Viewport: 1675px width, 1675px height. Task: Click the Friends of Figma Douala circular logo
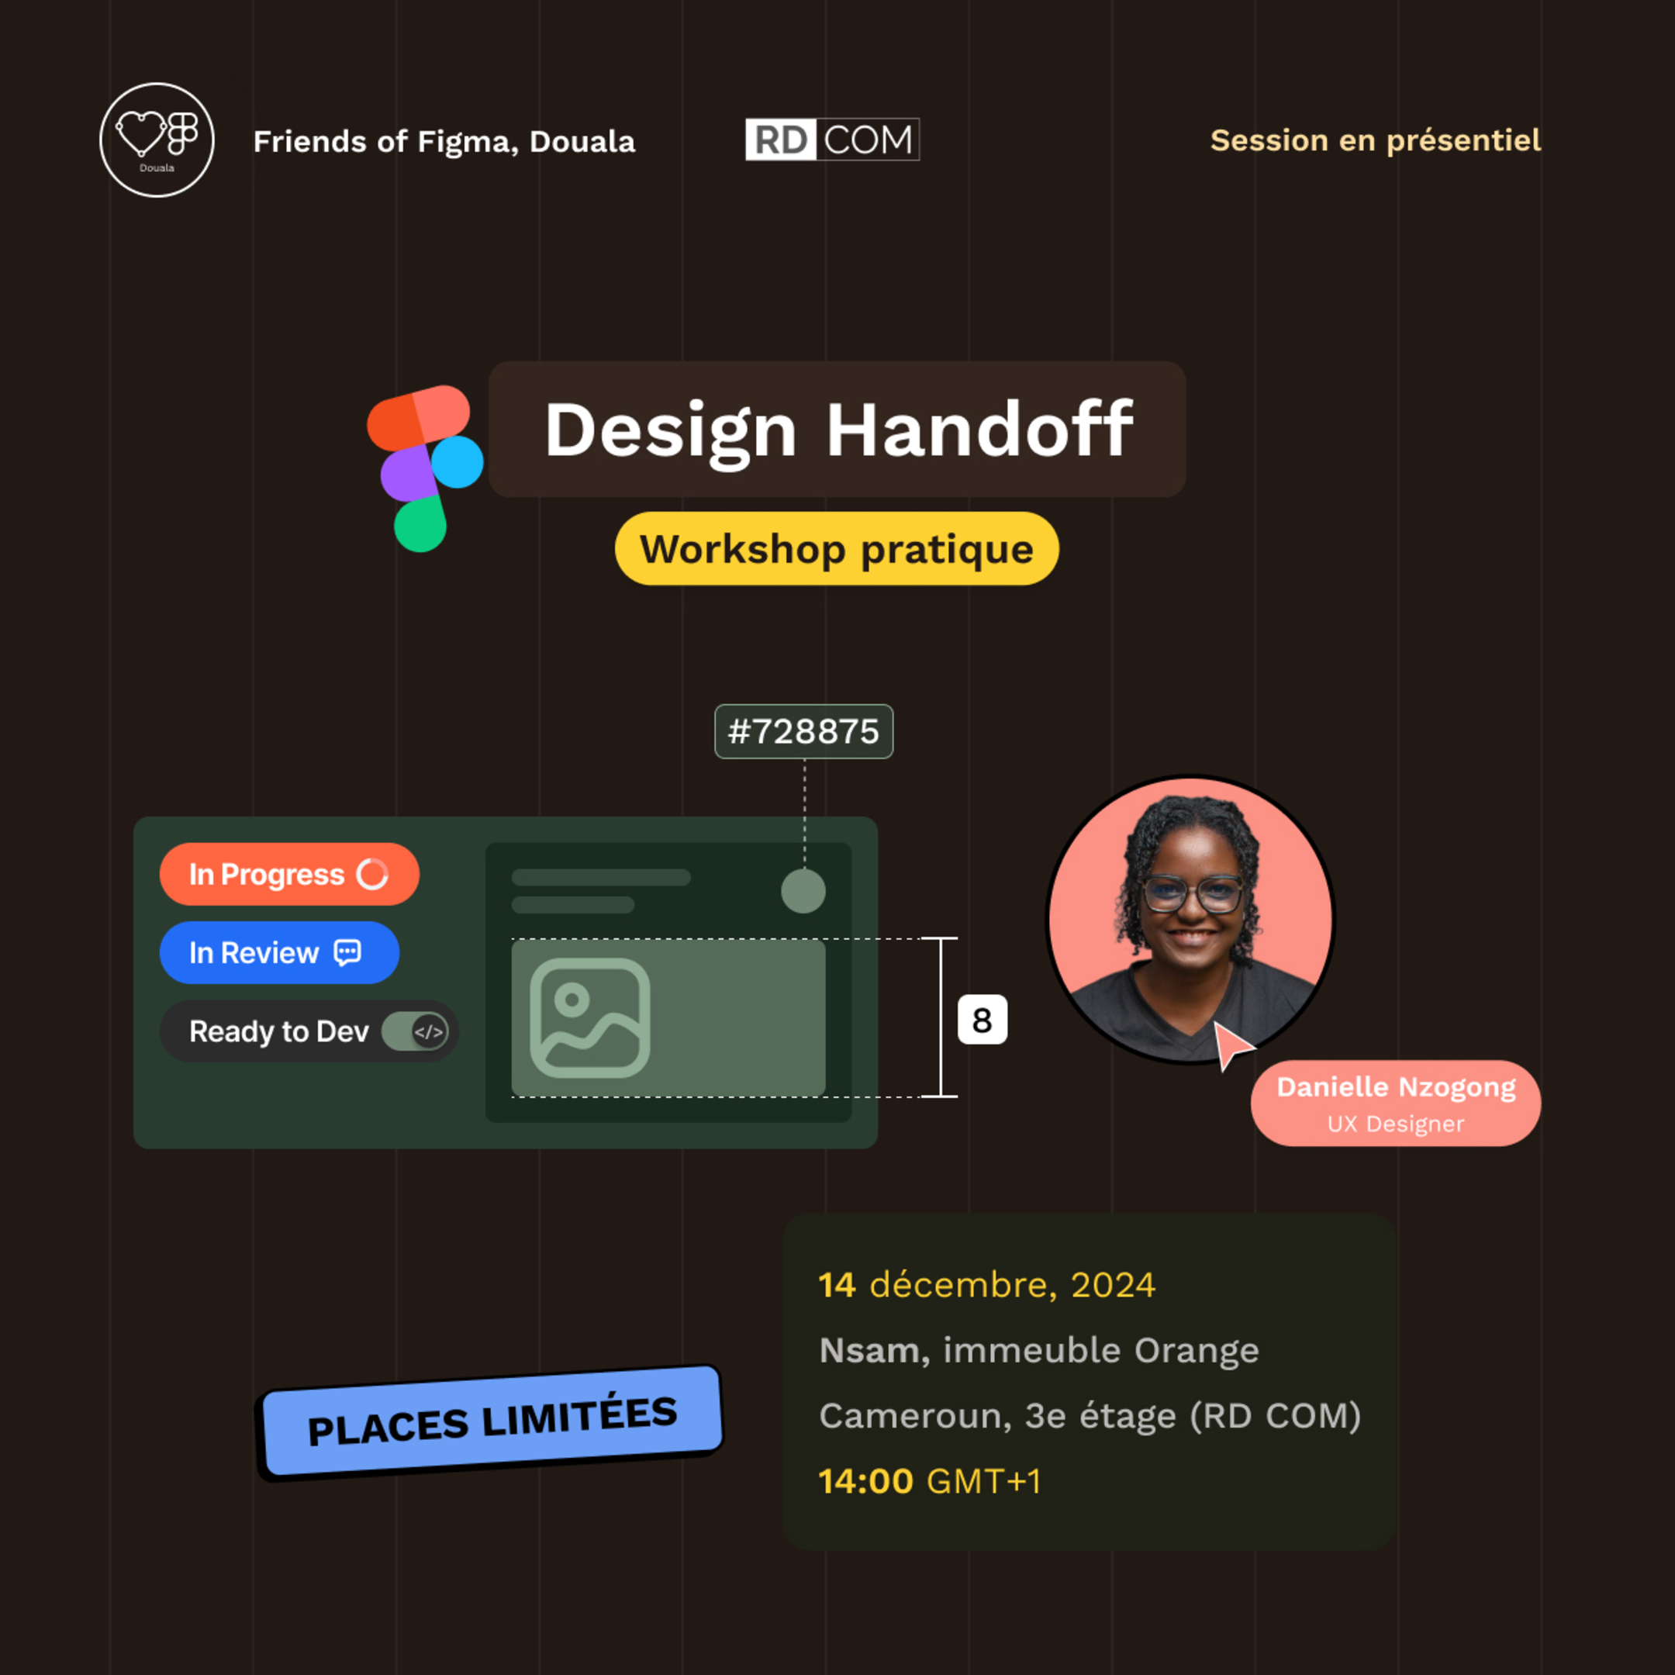point(157,140)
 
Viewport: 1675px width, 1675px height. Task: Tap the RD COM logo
point(832,140)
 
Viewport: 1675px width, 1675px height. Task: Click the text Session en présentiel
point(1375,140)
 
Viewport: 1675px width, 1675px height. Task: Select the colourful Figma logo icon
point(424,468)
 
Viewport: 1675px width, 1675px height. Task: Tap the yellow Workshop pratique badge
point(837,549)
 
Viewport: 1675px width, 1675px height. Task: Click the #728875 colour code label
point(803,732)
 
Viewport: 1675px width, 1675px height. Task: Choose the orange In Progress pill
point(289,874)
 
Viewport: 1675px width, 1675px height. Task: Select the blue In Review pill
point(279,953)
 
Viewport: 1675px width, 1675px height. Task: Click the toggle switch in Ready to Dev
point(416,1031)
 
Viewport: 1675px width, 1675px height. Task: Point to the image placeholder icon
point(589,1018)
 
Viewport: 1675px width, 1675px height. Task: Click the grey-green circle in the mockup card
point(803,891)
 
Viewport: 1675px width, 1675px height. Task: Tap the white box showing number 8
point(983,1020)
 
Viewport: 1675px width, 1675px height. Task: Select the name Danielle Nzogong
point(1396,1087)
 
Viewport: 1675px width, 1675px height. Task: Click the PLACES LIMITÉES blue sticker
point(492,1421)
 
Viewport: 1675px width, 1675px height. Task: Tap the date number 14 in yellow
point(837,1285)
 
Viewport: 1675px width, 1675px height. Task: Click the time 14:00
point(865,1482)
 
